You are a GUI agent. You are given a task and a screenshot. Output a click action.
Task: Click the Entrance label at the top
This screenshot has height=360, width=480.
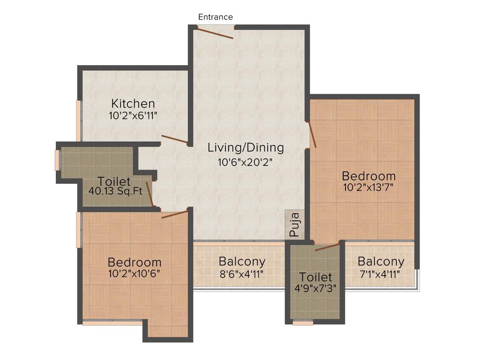[215, 17]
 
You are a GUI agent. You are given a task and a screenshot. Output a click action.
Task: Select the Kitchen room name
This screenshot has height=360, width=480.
[133, 103]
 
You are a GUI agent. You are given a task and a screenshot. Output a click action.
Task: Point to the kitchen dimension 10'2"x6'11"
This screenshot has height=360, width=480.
[133, 115]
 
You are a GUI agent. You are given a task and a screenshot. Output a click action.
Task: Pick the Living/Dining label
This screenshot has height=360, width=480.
[246, 148]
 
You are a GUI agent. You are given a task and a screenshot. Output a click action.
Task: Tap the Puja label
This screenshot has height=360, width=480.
[294, 224]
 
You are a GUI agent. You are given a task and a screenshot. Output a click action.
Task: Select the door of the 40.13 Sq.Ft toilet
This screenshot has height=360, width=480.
[150, 194]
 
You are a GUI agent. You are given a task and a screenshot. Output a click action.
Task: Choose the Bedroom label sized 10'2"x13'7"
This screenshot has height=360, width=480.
[368, 176]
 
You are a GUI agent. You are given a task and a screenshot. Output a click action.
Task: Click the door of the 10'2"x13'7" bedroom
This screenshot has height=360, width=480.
[312, 135]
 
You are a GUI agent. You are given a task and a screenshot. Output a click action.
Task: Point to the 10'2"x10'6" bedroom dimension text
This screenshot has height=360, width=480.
[134, 274]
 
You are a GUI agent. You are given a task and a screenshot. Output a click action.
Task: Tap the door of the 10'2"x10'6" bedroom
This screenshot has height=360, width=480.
[175, 214]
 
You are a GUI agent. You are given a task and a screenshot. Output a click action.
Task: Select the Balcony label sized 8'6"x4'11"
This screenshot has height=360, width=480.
[242, 261]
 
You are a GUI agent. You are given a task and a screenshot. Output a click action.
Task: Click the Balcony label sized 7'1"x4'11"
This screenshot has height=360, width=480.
[381, 261]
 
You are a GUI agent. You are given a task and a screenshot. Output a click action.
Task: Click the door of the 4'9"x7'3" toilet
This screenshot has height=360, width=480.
[327, 247]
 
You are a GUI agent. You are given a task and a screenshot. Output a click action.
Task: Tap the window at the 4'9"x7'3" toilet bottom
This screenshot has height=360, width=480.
[303, 322]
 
